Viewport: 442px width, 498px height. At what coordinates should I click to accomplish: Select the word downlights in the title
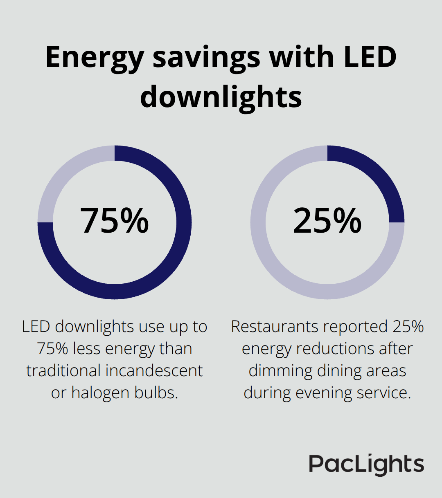[x=221, y=97]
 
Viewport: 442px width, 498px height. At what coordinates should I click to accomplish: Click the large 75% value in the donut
[x=114, y=221]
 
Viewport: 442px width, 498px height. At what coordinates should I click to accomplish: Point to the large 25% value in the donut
[x=327, y=221]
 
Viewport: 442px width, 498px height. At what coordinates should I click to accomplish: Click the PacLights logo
[x=366, y=464]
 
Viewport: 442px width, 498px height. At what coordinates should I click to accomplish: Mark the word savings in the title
[x=206, y=57]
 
